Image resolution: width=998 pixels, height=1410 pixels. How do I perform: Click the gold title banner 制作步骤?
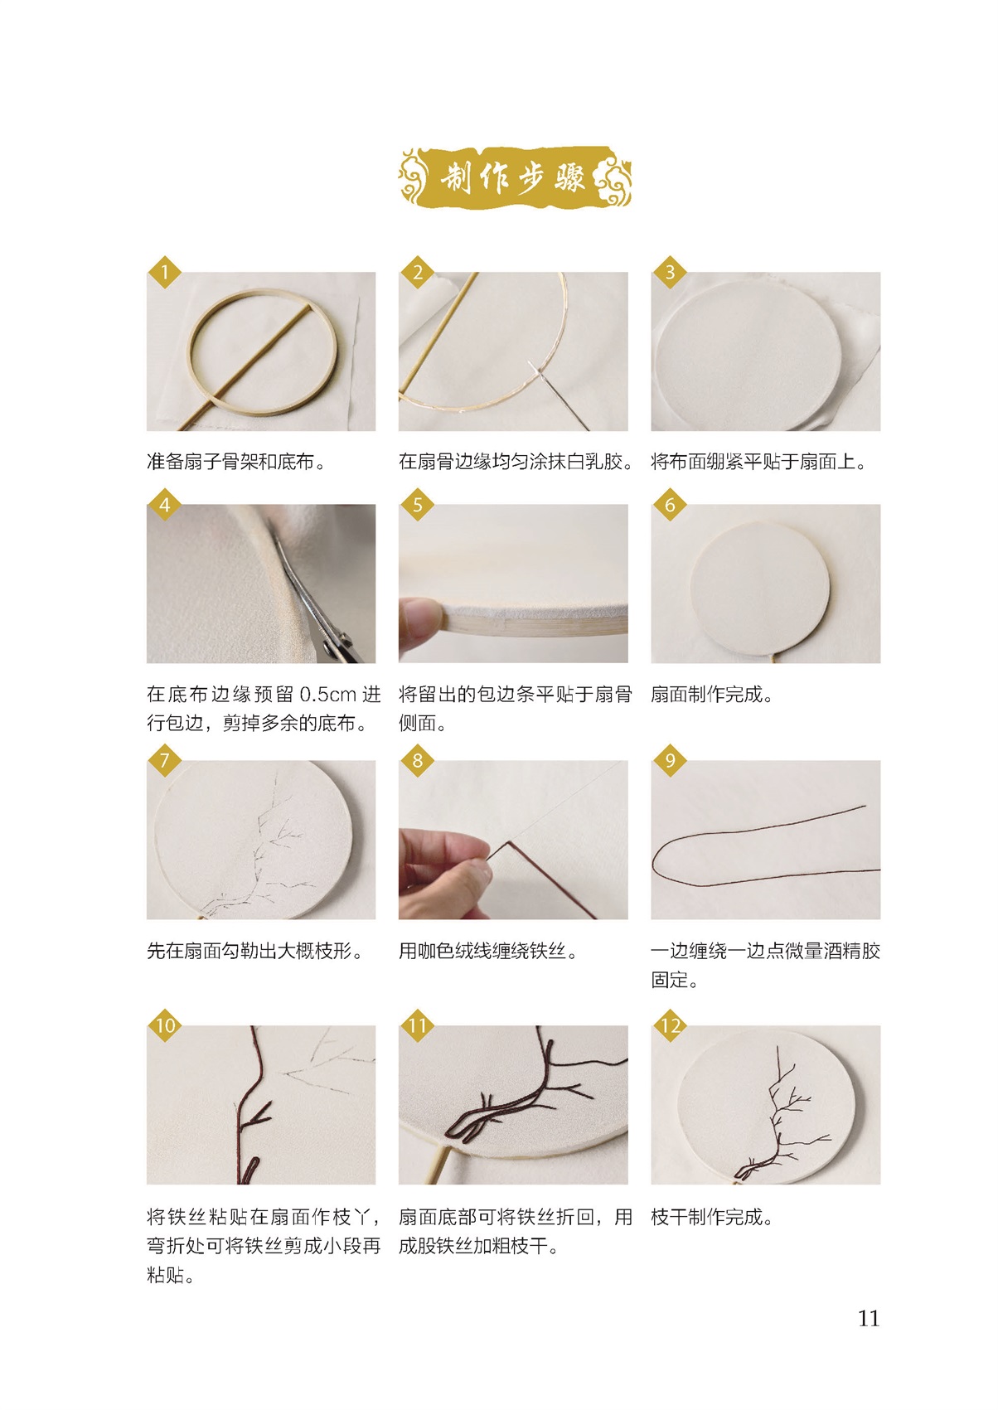click(514, 177)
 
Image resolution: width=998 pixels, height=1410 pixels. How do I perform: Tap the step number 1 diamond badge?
click(165, 272)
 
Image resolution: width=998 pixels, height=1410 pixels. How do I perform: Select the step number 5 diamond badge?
click(417, 504)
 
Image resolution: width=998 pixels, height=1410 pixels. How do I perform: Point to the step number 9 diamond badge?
click(670, 760)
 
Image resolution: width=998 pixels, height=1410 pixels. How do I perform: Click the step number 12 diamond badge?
click(670, 1025)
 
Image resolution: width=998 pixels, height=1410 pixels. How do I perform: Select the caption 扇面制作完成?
click(712, 695)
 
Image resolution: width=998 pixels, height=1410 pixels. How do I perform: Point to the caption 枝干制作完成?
click(712, 1217)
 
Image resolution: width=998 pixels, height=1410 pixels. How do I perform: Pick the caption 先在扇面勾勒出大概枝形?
click(254, 951)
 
